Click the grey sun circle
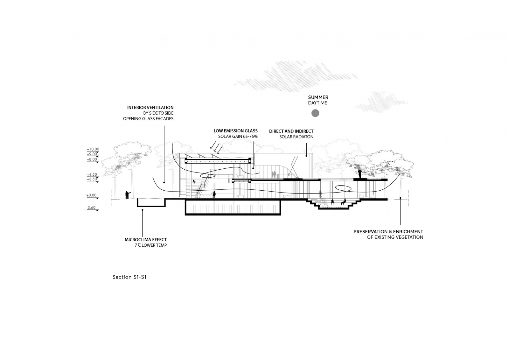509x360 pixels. click(315, 113)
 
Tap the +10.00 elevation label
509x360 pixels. click(93, 149)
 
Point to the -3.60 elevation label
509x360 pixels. click(91, 208)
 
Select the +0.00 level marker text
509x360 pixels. click(91, 195)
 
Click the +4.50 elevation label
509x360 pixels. click(92, 174)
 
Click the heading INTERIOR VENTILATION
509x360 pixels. click(150, 108)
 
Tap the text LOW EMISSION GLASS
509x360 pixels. click(236, 131)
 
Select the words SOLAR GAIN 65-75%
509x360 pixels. click(238, 137)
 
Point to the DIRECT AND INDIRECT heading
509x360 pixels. click(291, 131)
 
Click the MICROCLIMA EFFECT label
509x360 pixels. click(146, 240)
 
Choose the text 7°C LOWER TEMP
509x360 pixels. click(151, 245)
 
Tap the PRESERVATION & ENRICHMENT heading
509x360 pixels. click(388, 232)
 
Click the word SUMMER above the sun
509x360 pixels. click(318, 97)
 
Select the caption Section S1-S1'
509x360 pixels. click(130, 277)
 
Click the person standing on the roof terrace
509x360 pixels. click(359, 174)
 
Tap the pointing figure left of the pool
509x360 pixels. click(128, 195)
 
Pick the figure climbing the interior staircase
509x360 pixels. click(194, 181)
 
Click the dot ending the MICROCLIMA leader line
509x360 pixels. click(143, 210)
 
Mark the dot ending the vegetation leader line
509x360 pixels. click(401, 198)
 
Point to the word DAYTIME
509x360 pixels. click(318, 103)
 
